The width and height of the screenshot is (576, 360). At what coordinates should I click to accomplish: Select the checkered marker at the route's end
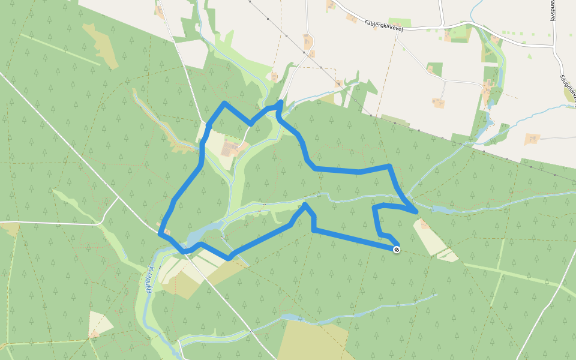(396, 249)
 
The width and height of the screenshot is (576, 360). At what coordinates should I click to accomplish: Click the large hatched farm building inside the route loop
(231, 147)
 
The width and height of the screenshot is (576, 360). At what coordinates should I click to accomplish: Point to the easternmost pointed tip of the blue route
(416, 212)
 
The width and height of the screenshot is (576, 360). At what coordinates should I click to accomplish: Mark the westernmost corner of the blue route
(160, 234)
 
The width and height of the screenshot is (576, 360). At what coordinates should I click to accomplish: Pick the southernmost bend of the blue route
(228, 259)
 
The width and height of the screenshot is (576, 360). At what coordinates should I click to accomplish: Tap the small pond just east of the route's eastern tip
(441, 210)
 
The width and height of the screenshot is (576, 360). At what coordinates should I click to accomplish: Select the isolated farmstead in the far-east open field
(532, 139)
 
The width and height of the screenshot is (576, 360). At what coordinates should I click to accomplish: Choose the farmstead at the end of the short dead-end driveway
(439, 103)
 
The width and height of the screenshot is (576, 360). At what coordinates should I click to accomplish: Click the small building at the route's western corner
(166, 232)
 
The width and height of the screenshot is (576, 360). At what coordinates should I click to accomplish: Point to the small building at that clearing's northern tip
(424, 224)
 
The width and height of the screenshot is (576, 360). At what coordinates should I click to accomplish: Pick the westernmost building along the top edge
(159, 11)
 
